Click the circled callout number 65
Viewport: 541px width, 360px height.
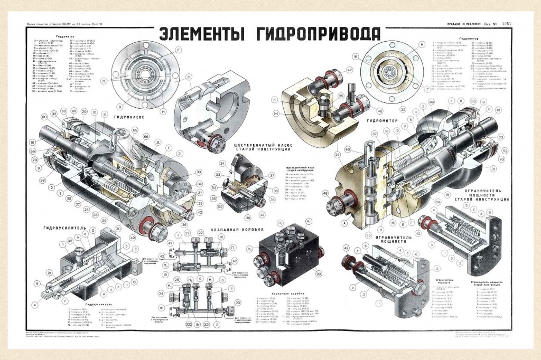tap(135, 130)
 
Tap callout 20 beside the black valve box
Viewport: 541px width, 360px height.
tap(319, 273)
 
